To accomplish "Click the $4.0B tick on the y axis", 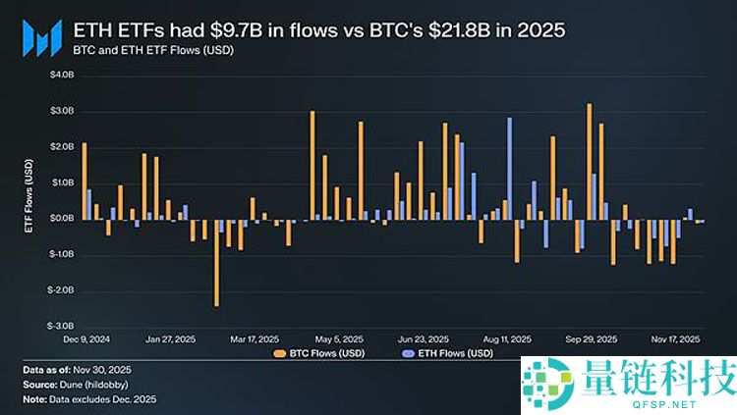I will (60, 75).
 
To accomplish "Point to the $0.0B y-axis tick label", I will (60, 218).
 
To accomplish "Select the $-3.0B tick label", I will (59, 326).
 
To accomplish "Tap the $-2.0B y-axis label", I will (59, 290).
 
